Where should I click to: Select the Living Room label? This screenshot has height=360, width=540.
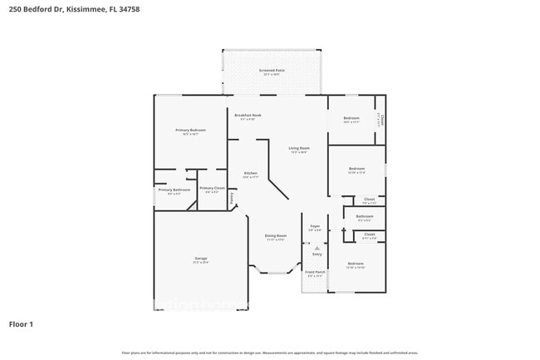point(298,148)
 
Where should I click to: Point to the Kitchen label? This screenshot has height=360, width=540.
point(250,173)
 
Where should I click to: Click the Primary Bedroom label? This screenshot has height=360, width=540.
point(190,131)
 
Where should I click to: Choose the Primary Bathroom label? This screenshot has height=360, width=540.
point(174,190)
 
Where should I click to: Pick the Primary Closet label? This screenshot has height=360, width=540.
point(213,188)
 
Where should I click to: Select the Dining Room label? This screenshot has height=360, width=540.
point(276,236)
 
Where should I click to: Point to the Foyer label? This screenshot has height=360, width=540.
point(315,226)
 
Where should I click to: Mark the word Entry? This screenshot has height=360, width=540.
point(316,254)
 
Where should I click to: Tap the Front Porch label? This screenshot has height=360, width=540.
point(315,272)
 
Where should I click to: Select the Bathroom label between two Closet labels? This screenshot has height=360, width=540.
point(365,216)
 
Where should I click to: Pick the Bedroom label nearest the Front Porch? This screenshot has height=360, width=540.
point(356,263)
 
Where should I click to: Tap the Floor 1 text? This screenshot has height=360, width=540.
point(21,323)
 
